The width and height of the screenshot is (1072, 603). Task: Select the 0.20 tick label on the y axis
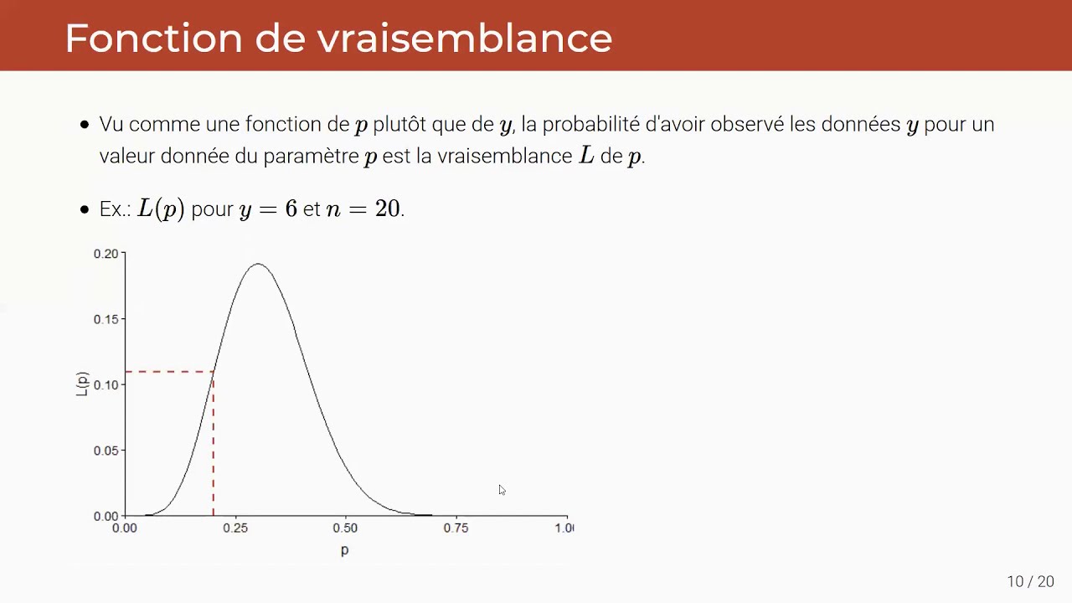[x=106, y=254]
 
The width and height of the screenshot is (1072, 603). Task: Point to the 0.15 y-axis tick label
[x=106, y=319]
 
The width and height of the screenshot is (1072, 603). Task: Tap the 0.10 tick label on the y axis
[x=106, y=384]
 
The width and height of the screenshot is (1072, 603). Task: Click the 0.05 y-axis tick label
[x=106, y=451]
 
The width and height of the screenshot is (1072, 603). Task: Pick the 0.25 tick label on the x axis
[x=235, y=528]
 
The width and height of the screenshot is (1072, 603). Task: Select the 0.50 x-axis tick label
[x=345, y=528]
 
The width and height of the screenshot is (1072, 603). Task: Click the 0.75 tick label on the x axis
[x=456, y=528]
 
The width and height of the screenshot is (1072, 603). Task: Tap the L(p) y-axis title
[x=82, y=384]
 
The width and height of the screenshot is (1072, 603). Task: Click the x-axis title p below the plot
[x=344, y=550]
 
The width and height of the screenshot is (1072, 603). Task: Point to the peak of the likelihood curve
[x=258, y=264]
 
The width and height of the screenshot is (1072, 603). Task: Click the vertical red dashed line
[x=214, y=444]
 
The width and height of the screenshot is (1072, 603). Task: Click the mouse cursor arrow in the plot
[x=502, y=490]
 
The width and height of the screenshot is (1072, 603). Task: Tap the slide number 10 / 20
[x=1030, y=581]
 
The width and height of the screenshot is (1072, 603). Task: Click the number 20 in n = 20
[x=387, y=209]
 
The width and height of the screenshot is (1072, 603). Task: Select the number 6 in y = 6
[x=291, y=209]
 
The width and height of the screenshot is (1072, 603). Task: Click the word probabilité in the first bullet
[x=590, y=125]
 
